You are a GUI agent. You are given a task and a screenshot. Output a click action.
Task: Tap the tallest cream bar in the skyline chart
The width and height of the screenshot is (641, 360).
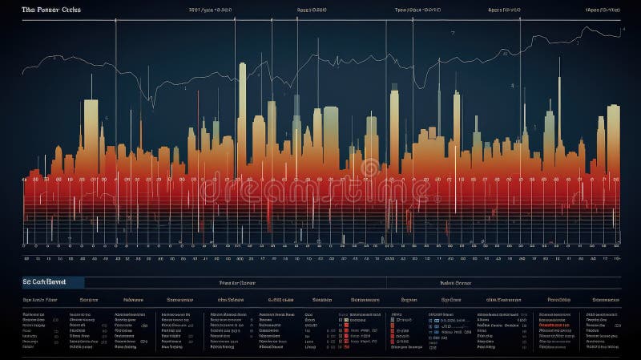(x=242, y=96)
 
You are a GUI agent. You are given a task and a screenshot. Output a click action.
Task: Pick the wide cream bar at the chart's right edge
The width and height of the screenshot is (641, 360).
(x=613, y=132)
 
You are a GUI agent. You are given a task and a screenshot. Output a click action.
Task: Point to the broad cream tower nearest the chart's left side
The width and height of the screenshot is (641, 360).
(x=91, y=124)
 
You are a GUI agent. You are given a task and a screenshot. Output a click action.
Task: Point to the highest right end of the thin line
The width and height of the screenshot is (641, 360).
(x=623, y=29)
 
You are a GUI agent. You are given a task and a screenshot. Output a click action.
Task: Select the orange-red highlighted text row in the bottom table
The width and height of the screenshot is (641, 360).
(x=555, y=325)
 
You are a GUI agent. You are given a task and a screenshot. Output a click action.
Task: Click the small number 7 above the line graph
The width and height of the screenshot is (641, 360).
(x=453, y=34)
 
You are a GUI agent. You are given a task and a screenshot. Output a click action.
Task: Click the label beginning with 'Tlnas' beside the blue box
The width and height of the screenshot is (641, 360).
(x=236, y=282)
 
